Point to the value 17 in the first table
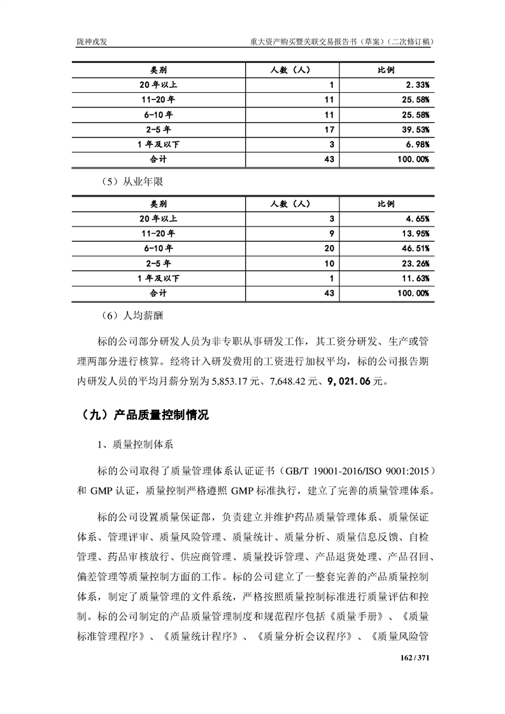point(329,129)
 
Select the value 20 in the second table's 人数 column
point(329,248)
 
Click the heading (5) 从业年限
point(132,182)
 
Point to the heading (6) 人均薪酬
point(132,316)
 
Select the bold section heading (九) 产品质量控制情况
point(145,416)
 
